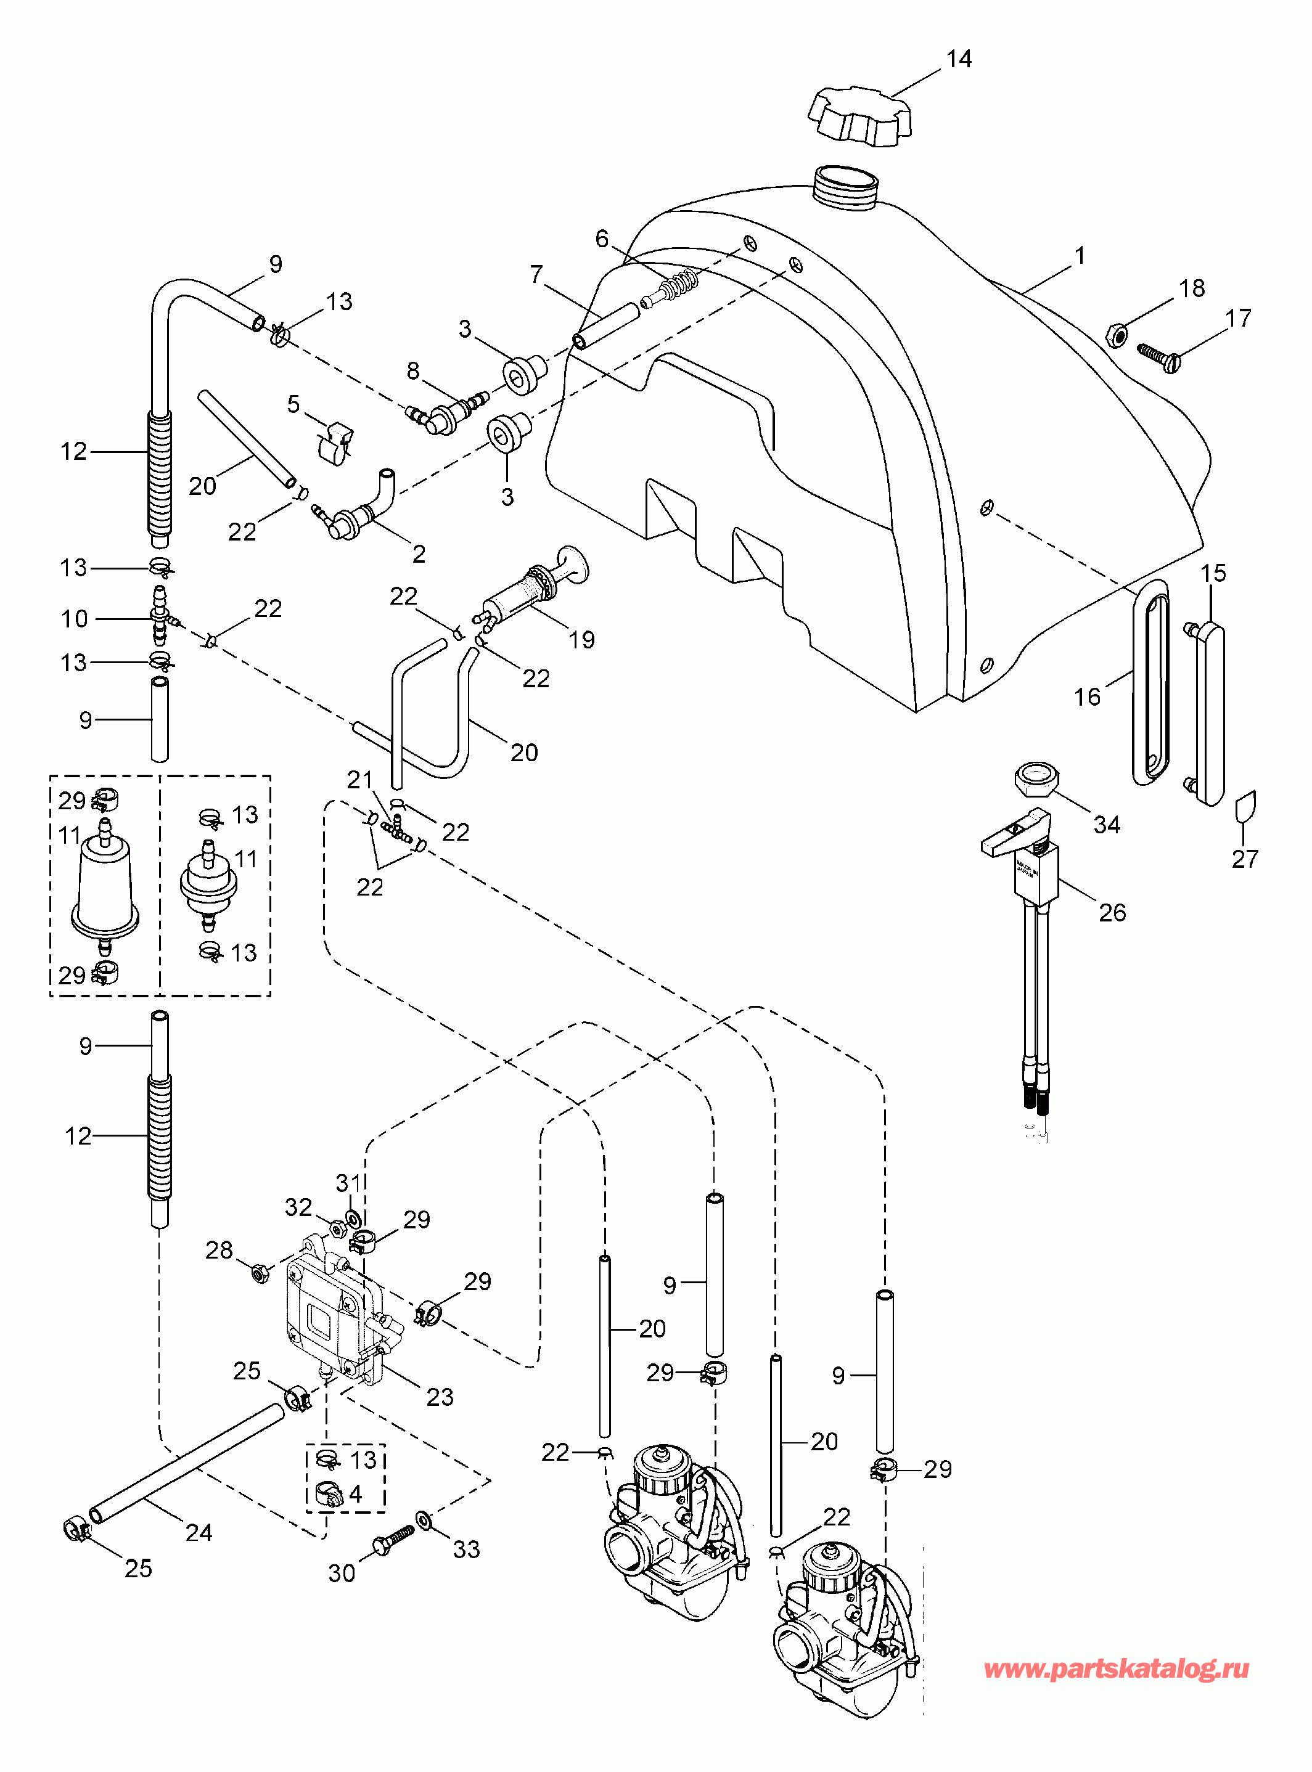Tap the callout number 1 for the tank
pyautogui.click(x=1080, y=256)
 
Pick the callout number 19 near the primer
pyautogui.click(x=581, y=639)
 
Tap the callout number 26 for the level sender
pyautogui.click(x=1112, y=912)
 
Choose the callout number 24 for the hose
pyautogui.click(x=199, y=1532)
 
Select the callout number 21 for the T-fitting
pyautogui.click(x=359, y=780)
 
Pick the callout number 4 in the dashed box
pyautogui.click(x=355, y=1493)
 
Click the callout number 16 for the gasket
pyautogui.click(x=1087, y=697)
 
